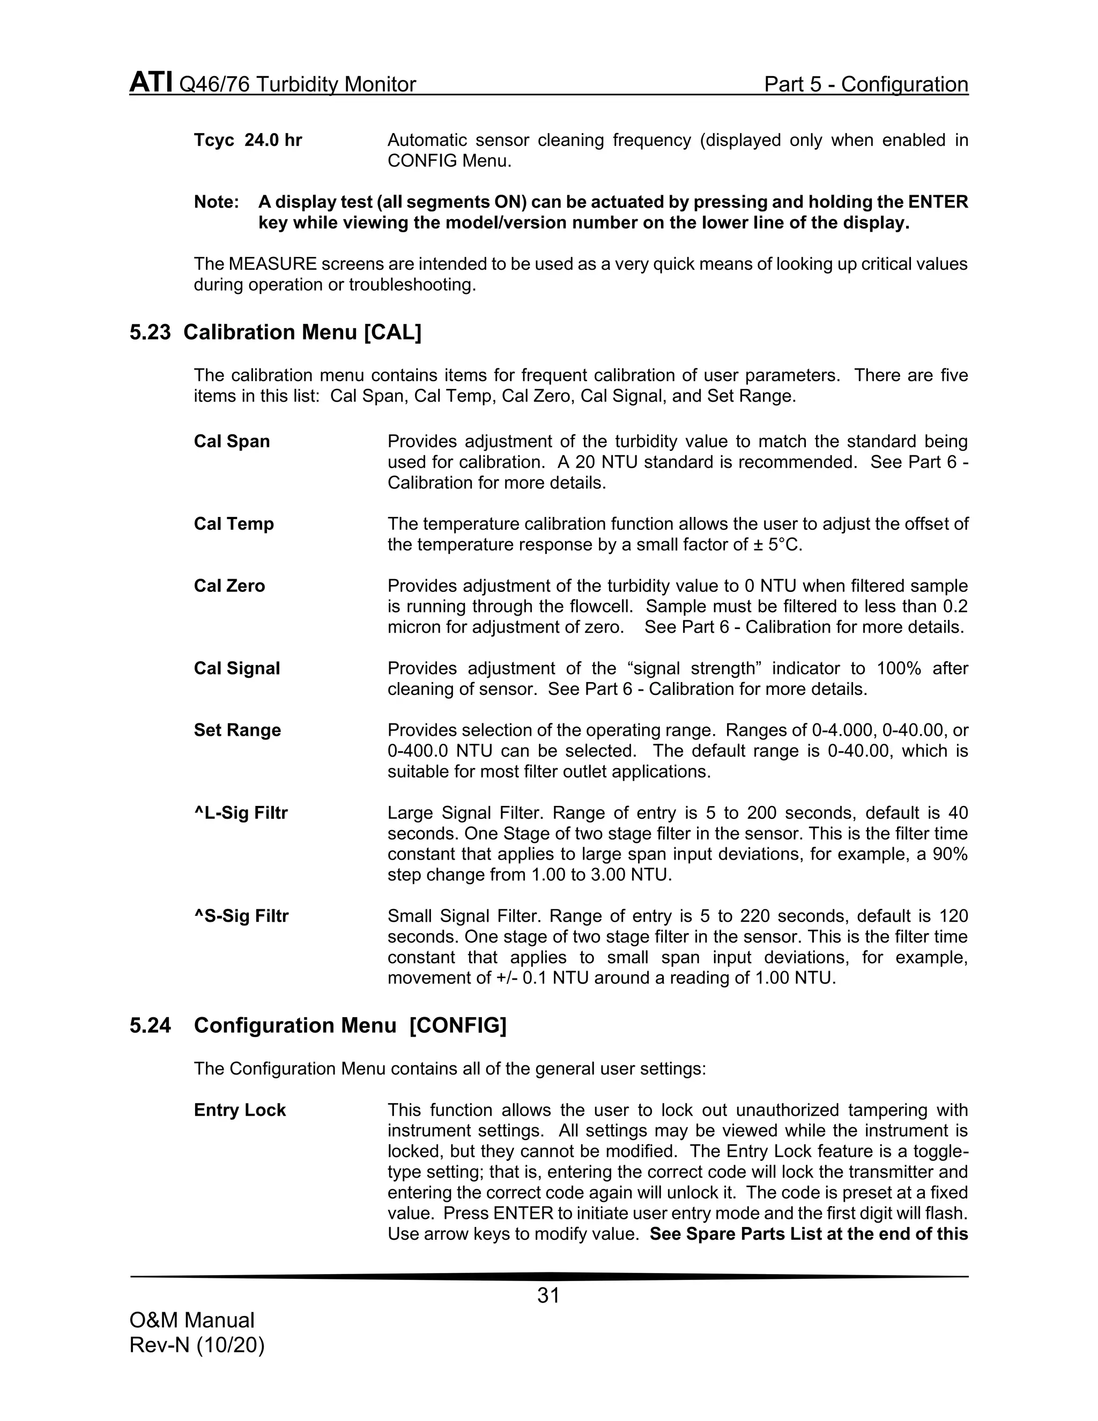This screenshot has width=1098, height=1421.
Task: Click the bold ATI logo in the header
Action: click(x=151, y=83)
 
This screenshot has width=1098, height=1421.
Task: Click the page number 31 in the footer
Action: click(x=548, y=1296)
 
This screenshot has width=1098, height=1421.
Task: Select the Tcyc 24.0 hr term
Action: click(x=248, y=140)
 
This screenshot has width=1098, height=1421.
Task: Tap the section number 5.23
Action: click(x=150, y=332)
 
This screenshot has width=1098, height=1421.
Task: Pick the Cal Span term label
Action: click(x=232, y=441)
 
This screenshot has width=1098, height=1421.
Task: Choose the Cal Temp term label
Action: click(x=234, y=524)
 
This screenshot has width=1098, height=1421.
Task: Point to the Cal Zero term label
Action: click(x=229, y=586)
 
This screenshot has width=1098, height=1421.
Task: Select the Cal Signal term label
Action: click(x=237, y=668)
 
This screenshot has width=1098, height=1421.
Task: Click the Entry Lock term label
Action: click(x=239, y=1110)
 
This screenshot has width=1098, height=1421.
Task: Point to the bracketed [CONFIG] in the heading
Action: click(x=457, y=1026)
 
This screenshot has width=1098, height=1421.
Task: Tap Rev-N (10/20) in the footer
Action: click(x=196, y=1345)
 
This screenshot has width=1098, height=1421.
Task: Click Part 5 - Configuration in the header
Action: click(x=866, y=84)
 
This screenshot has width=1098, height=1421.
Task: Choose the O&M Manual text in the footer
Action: click(x=192, y=1320)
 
